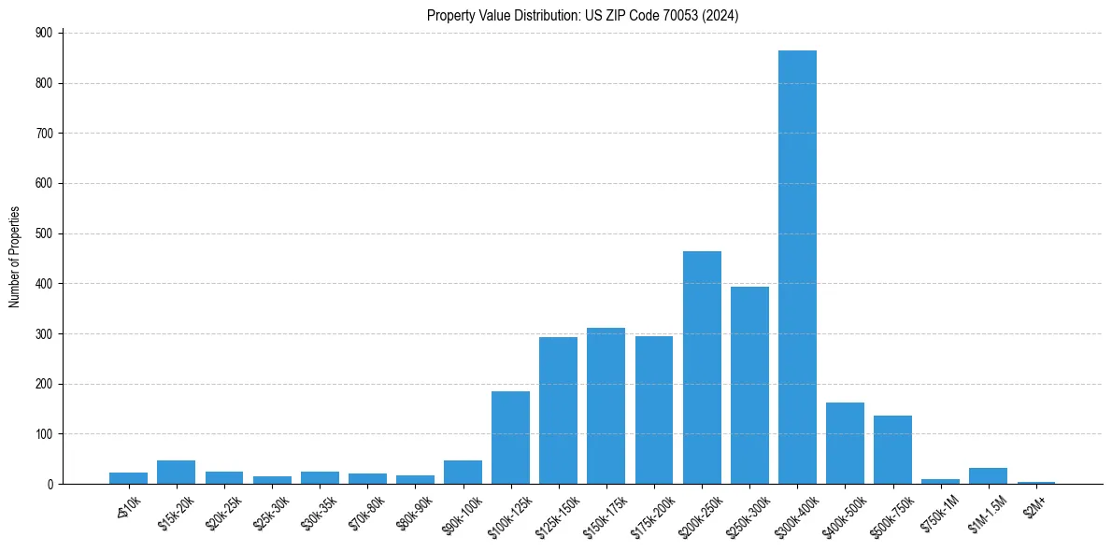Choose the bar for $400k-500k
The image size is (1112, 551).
[845, 443]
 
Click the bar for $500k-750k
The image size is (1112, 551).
[892, 449]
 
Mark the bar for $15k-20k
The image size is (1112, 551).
[176, 472]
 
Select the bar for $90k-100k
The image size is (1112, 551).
[463, 472]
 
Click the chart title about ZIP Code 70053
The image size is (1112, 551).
[583, 15]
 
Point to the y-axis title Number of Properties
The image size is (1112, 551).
[15, 258]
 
